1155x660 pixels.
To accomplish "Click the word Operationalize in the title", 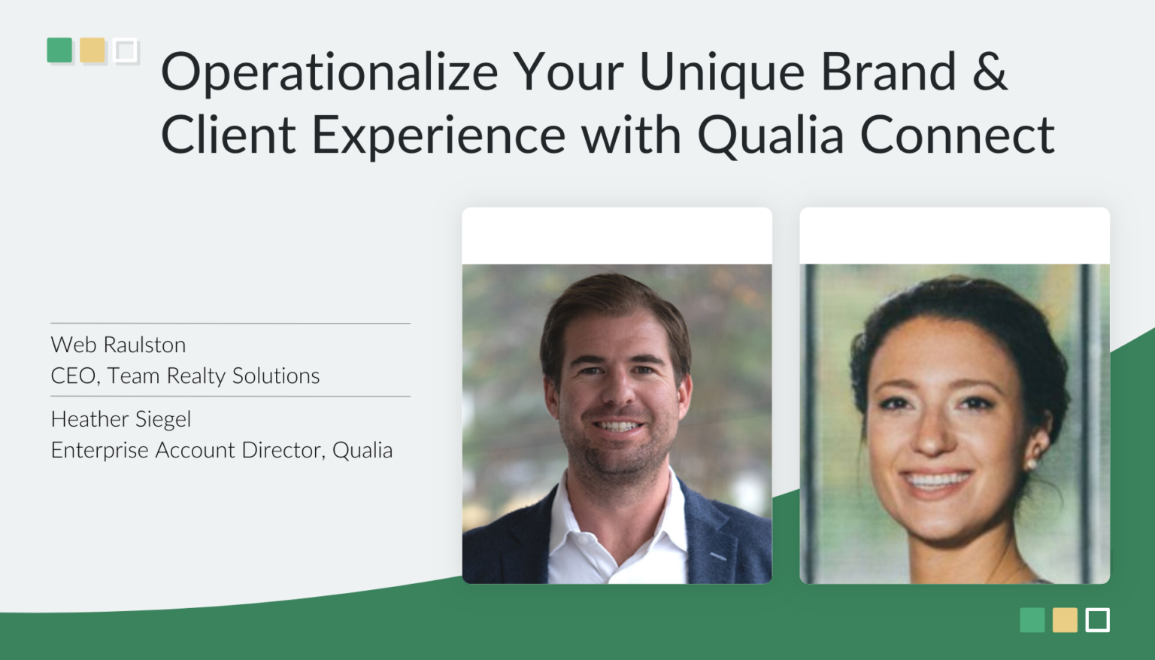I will coord(329,73).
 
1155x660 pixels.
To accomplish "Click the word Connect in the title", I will coord(956,136).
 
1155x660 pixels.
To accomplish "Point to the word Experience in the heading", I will coord(438,136).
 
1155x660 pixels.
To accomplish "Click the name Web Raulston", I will coord(118,345).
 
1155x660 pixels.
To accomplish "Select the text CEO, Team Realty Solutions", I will coord(185,376).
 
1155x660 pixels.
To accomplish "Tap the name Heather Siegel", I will coord(120,418).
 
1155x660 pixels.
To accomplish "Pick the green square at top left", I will coord(59,50).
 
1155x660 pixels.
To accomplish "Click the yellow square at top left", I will coord(92,50).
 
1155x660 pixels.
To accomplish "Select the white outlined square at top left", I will coord(126,51).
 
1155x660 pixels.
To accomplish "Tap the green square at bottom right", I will coord(1032,620).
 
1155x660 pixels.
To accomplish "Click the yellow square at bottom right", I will coord(1065,620).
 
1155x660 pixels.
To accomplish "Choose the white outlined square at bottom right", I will coord(1098,620).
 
